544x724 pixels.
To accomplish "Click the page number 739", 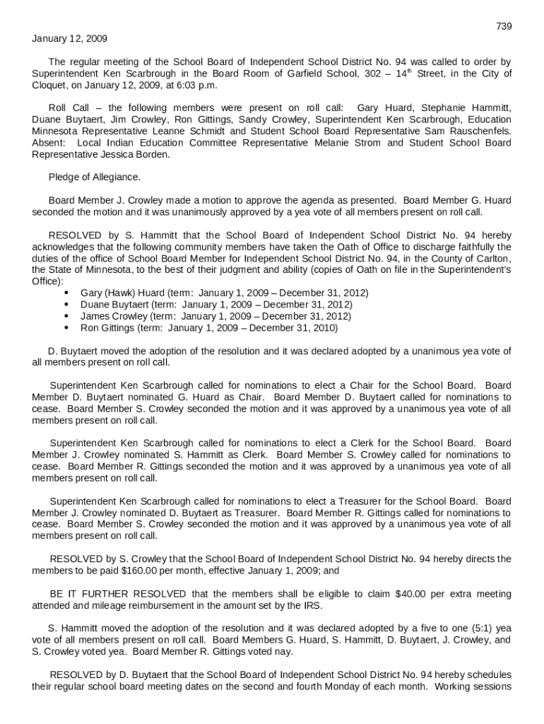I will point(503,26).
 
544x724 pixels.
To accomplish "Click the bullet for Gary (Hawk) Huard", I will point(66,293).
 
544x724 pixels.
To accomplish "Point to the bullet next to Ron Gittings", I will point(66,329).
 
